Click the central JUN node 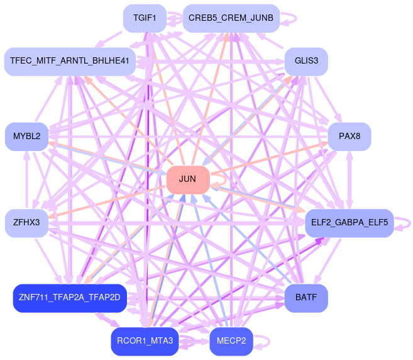click(187, 179)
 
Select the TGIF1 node click(145, 18)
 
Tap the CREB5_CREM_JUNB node click(231, 18)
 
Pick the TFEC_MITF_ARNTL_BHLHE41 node click(70, 61)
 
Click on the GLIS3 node click(306, 61)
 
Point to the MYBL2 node click(26, 136)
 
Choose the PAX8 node click(349, 136)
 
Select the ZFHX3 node click(26, 223)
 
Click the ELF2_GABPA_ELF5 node click(349, 223)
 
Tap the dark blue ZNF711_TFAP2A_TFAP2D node click(70, 298)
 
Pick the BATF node click(306, 298)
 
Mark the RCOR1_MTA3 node click(145, 341)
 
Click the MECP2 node click(231, 341)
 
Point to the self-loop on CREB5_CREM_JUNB click(290, 18)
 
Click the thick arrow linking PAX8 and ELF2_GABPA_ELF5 click(349, 179)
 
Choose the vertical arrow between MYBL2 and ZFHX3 click(26, 179)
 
